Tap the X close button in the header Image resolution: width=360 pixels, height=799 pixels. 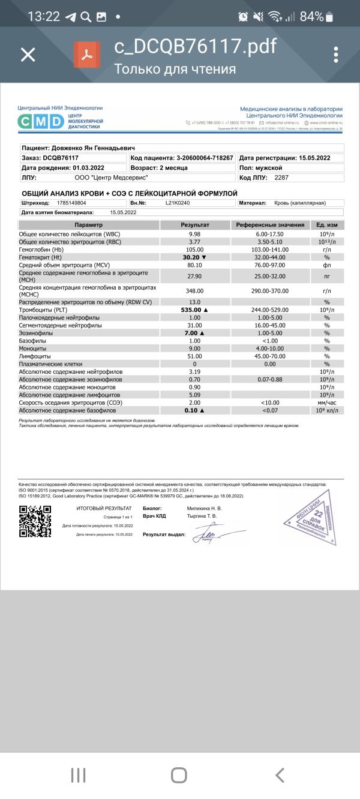28,55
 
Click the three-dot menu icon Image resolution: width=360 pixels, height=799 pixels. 336,55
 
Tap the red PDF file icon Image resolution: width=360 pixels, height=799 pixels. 87,55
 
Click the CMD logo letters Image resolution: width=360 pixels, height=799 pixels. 40,122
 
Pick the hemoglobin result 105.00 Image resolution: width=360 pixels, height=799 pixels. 194,249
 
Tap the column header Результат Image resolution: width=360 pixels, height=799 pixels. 194,224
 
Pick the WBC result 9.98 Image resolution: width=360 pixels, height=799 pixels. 194,233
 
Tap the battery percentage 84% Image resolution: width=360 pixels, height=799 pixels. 311,16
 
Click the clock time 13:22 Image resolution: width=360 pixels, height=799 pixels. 44,16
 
